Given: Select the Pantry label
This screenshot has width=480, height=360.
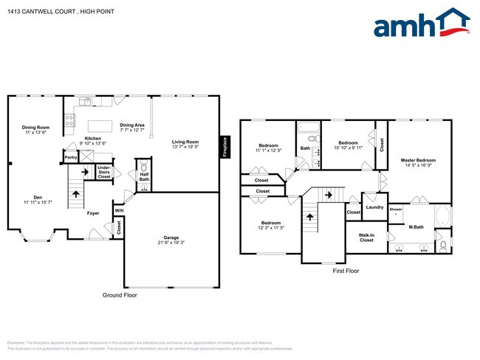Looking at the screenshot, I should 71,157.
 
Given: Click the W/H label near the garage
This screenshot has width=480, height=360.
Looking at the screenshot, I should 119,211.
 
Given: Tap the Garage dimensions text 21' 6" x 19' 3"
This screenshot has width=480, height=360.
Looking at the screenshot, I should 171,243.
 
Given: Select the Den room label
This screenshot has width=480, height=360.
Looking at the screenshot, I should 37,195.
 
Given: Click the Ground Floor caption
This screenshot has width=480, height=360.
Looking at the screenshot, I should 119,295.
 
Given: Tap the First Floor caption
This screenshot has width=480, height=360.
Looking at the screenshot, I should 345,271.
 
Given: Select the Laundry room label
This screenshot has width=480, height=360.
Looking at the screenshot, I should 374,207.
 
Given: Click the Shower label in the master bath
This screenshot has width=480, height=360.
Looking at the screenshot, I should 395,210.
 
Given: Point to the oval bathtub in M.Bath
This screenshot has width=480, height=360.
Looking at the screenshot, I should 441,216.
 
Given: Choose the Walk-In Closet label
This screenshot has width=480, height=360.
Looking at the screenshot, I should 366,238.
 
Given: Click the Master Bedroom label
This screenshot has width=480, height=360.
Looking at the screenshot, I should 418,160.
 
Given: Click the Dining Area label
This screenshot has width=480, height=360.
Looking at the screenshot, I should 132,125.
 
